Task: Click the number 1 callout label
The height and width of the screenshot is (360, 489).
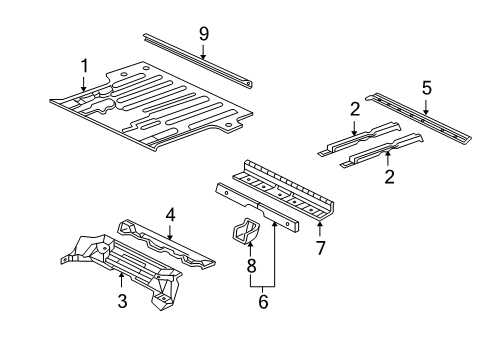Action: coord(85,66)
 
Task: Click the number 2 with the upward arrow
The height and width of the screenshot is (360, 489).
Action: coord(389,177)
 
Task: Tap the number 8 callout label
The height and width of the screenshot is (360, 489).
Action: coord(250,264)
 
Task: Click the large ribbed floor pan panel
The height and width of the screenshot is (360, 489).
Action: coord(160,110)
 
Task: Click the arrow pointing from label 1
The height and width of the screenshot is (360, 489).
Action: coord(85,85)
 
